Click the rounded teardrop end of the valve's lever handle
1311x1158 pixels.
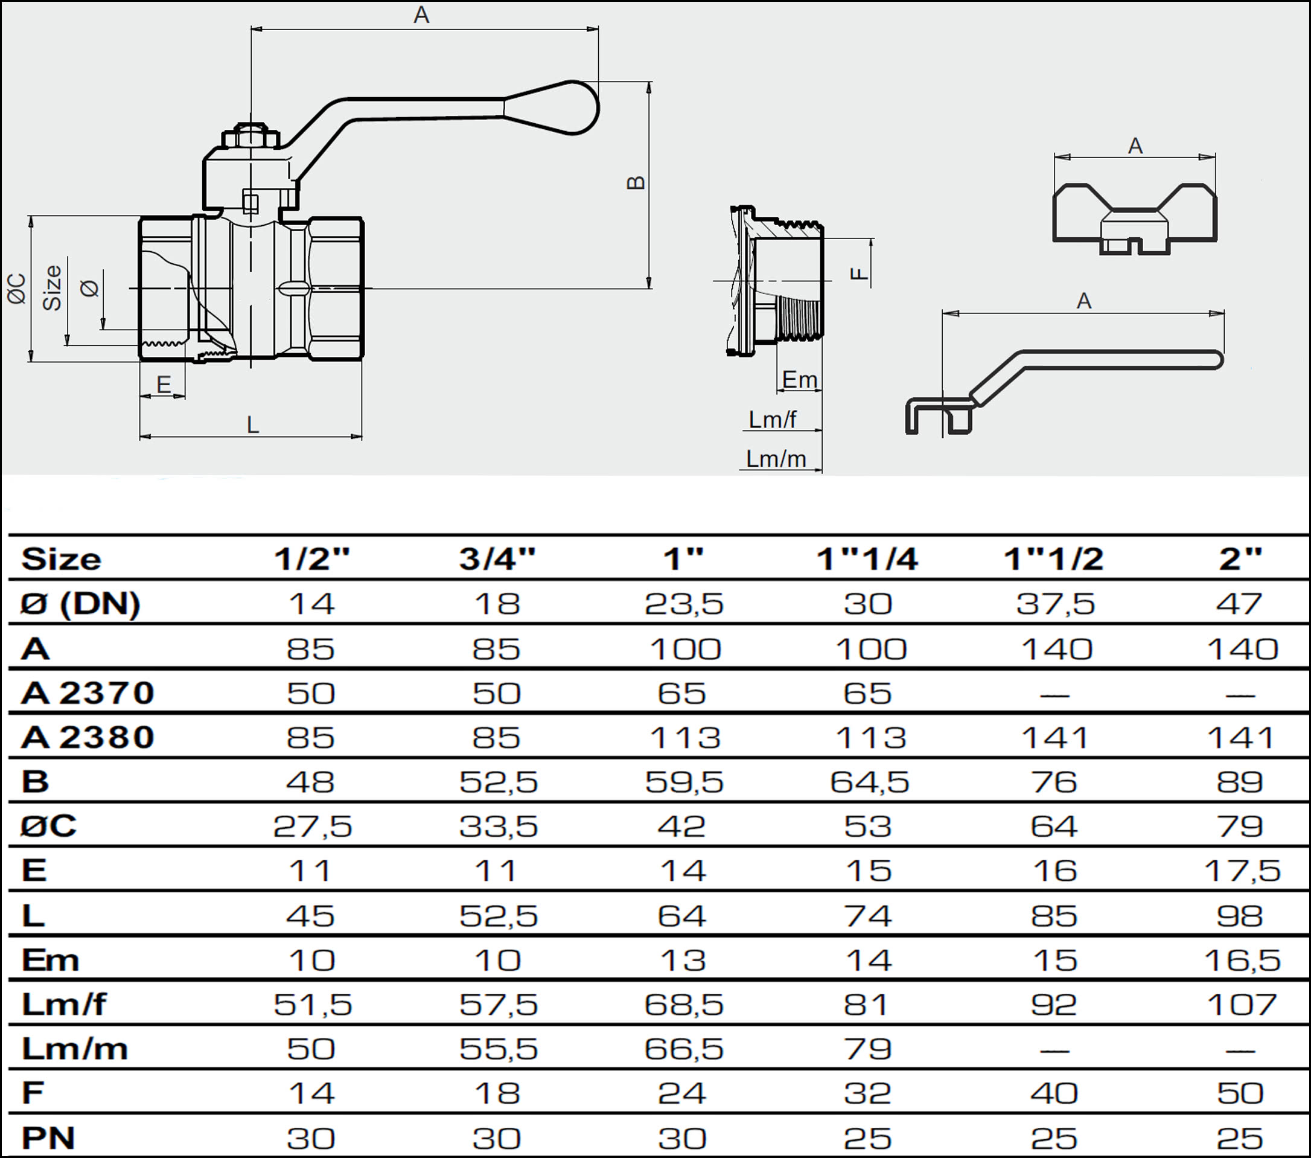[x=565, y=108]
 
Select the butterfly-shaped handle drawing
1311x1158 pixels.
[x=1135, y=218]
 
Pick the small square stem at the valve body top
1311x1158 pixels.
[x=250, y=202]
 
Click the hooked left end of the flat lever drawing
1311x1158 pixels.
[x=939, y=416]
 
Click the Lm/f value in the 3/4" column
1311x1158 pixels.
[x=498, y=1005]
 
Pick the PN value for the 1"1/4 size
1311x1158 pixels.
[x=867, y=1138]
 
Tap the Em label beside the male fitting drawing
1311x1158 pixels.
[x=800, y=380]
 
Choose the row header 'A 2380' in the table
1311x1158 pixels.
[x=88, y=737]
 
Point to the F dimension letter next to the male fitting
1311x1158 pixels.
[x=859, y=274]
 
